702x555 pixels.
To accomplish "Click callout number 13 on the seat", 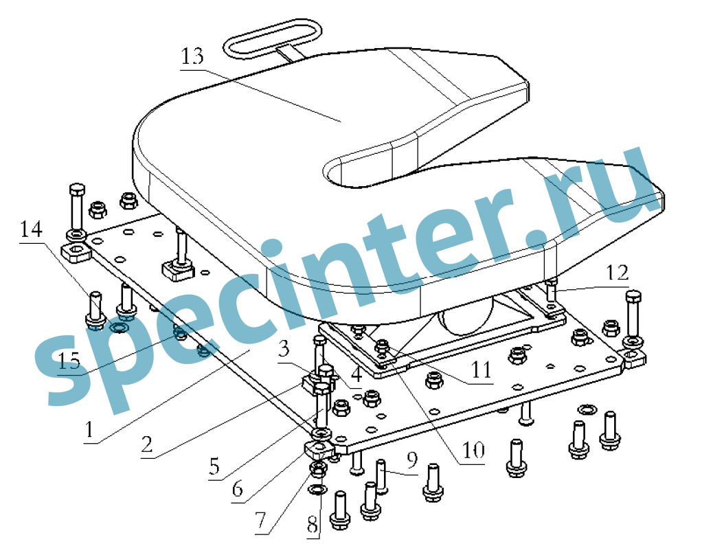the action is point(192,56).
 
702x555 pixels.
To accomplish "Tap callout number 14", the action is point(31,229).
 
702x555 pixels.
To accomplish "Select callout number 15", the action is point(69,361).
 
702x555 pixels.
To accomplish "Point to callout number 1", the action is point(89,430).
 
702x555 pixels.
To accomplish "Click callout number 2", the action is point(147,444).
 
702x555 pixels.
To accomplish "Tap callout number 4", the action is point(356,375).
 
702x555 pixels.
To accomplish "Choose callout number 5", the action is point(215,467).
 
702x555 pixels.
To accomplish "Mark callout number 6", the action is point(237,489).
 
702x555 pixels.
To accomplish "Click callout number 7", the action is point(260,521).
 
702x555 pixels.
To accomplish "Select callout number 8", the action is point(313,525).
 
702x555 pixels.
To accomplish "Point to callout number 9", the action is point(412,460).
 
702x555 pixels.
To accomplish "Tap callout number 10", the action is point(473,450).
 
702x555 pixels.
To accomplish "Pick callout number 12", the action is point(617,272).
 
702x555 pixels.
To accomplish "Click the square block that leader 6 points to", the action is point(319,449).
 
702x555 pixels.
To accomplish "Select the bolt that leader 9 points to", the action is point(381,476).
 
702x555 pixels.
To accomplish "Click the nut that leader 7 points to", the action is point(319,468).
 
